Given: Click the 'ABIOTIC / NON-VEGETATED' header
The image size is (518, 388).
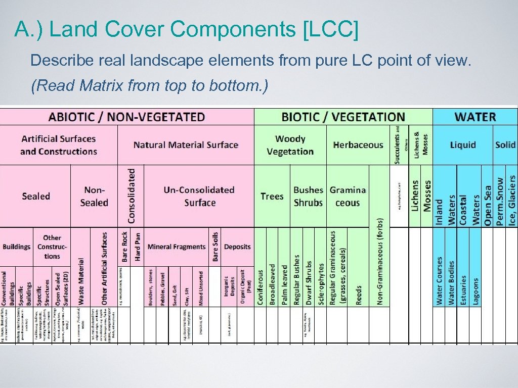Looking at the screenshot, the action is click(126, 117).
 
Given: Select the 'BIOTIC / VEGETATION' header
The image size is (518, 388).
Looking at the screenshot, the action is click(343, 117).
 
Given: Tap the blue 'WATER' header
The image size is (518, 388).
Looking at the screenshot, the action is click(474, 117).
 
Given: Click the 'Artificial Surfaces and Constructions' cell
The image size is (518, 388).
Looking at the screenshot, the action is click(59, 145).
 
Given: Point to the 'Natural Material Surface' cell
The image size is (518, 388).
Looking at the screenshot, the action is click(186, 145).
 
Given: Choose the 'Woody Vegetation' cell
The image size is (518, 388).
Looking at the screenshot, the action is click(290, 145).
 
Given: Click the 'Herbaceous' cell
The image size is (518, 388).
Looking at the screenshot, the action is click(358, 145).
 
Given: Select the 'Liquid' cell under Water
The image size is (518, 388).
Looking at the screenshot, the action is click(463, 145).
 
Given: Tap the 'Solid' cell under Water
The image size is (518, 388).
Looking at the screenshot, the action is click(505, 145).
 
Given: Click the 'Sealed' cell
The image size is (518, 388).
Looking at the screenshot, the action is click(36, 196).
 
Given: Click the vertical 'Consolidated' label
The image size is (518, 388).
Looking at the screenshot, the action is click(132, 196).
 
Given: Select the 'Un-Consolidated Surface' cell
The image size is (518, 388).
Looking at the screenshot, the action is click(199, 196).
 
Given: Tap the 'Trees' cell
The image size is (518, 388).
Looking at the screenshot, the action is click(272, 196).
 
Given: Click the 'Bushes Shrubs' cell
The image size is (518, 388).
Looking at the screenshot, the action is click(308, 196).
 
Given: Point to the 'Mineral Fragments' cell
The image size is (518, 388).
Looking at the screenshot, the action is click(176, 247).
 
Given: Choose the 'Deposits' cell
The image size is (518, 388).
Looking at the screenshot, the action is click(237, 247).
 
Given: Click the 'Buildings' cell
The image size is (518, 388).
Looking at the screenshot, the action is click(17, 247).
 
